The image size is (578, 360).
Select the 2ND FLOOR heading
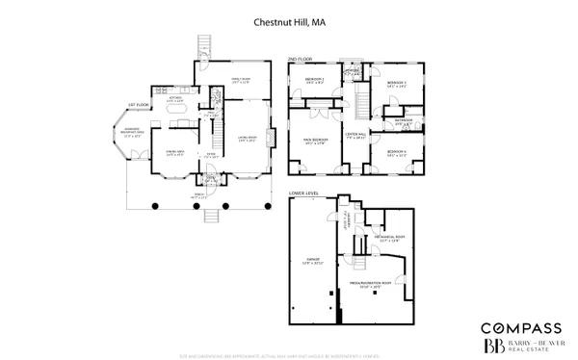(299, 60)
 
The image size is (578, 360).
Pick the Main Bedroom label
(317, 140)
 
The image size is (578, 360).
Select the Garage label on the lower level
(311, 262)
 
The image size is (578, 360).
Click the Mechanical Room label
(389, 238)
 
